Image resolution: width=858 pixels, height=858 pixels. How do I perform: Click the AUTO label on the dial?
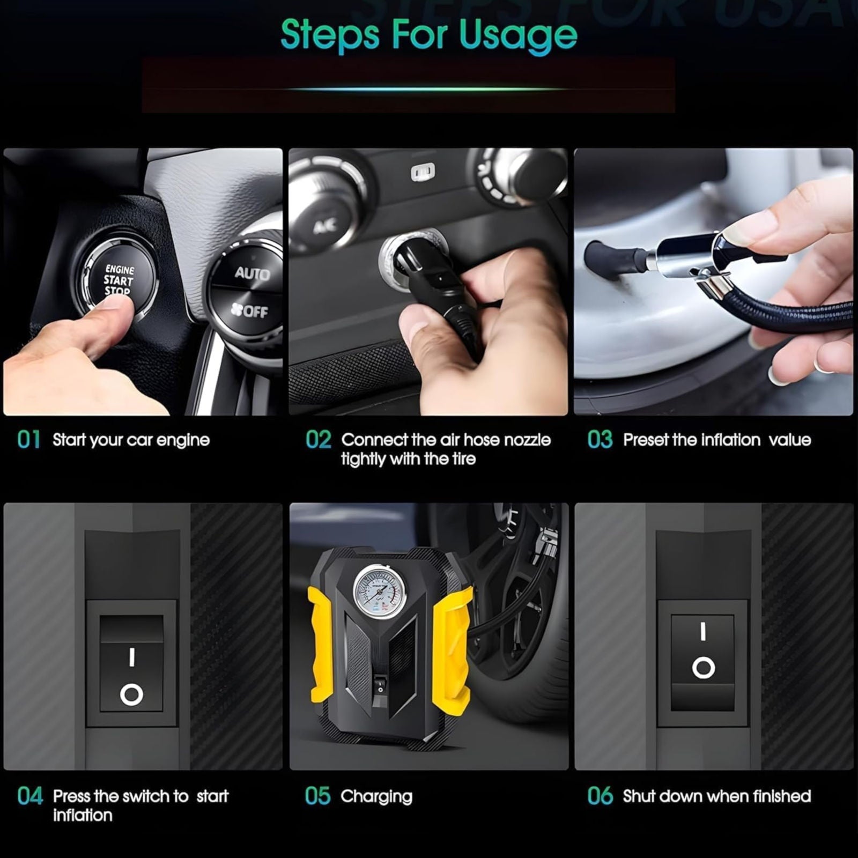252,273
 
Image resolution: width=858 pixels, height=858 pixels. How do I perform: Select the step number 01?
28,440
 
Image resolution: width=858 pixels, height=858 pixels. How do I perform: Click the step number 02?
319,440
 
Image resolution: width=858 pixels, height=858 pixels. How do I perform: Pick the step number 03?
600,440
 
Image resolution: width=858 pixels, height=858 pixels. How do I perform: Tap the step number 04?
30,796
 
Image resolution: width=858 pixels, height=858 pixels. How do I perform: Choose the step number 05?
318,796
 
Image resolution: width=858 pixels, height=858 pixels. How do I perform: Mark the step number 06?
600,796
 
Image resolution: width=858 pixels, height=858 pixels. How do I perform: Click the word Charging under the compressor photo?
376,797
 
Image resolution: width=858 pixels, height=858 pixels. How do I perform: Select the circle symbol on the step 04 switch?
131,694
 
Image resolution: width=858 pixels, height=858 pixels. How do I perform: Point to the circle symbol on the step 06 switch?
703,668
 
